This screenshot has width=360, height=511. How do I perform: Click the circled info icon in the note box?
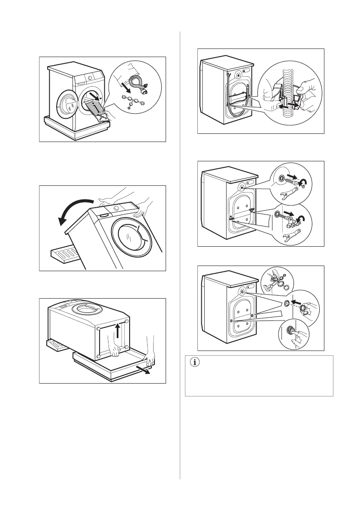pyautogui.click(x=195, y=363)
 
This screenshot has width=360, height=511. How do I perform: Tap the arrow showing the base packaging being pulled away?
pyautogui.click(x=144, y=370)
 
